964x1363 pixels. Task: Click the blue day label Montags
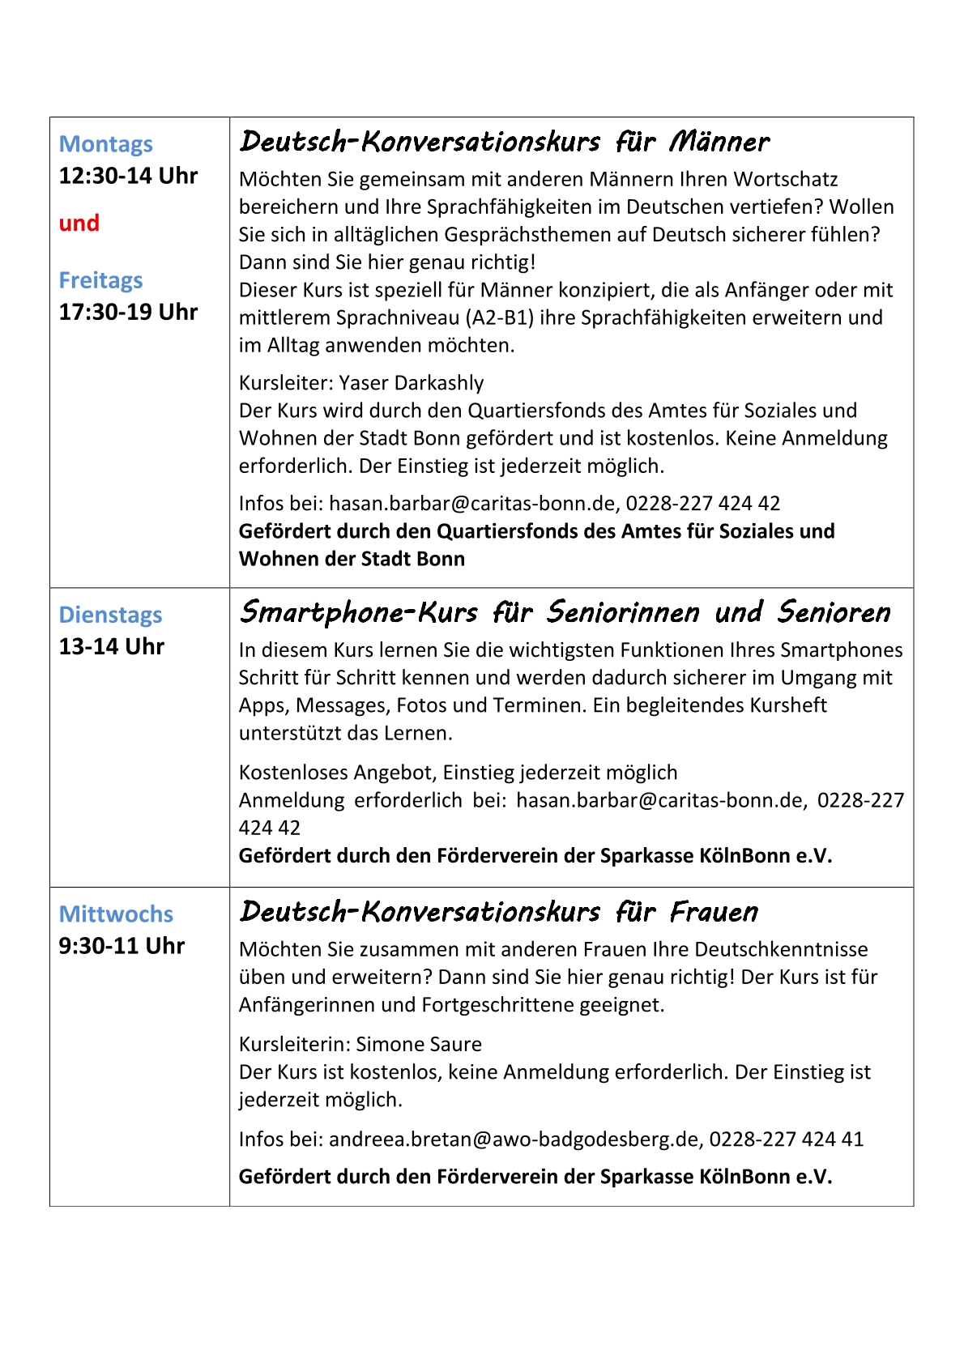click(105, 144)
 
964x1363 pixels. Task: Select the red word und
click(79, 224)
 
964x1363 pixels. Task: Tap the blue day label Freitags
click(100, 280)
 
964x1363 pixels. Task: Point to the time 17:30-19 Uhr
click(128, 312)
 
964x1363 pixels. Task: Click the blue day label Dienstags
click(110, 615)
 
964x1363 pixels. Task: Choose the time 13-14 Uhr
click(111, 647)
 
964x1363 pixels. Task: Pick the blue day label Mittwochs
click(116, 914)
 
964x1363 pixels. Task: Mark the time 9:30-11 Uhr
click(122, 946)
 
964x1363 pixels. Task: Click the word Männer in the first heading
click(719, 143)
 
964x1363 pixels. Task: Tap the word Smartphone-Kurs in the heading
click(359, 613)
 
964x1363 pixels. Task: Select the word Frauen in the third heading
click(714, 913)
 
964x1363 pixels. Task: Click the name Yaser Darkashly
click(411, 383)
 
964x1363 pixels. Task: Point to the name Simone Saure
click(419, 1045)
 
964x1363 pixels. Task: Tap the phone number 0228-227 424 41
click(786, 1139)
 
